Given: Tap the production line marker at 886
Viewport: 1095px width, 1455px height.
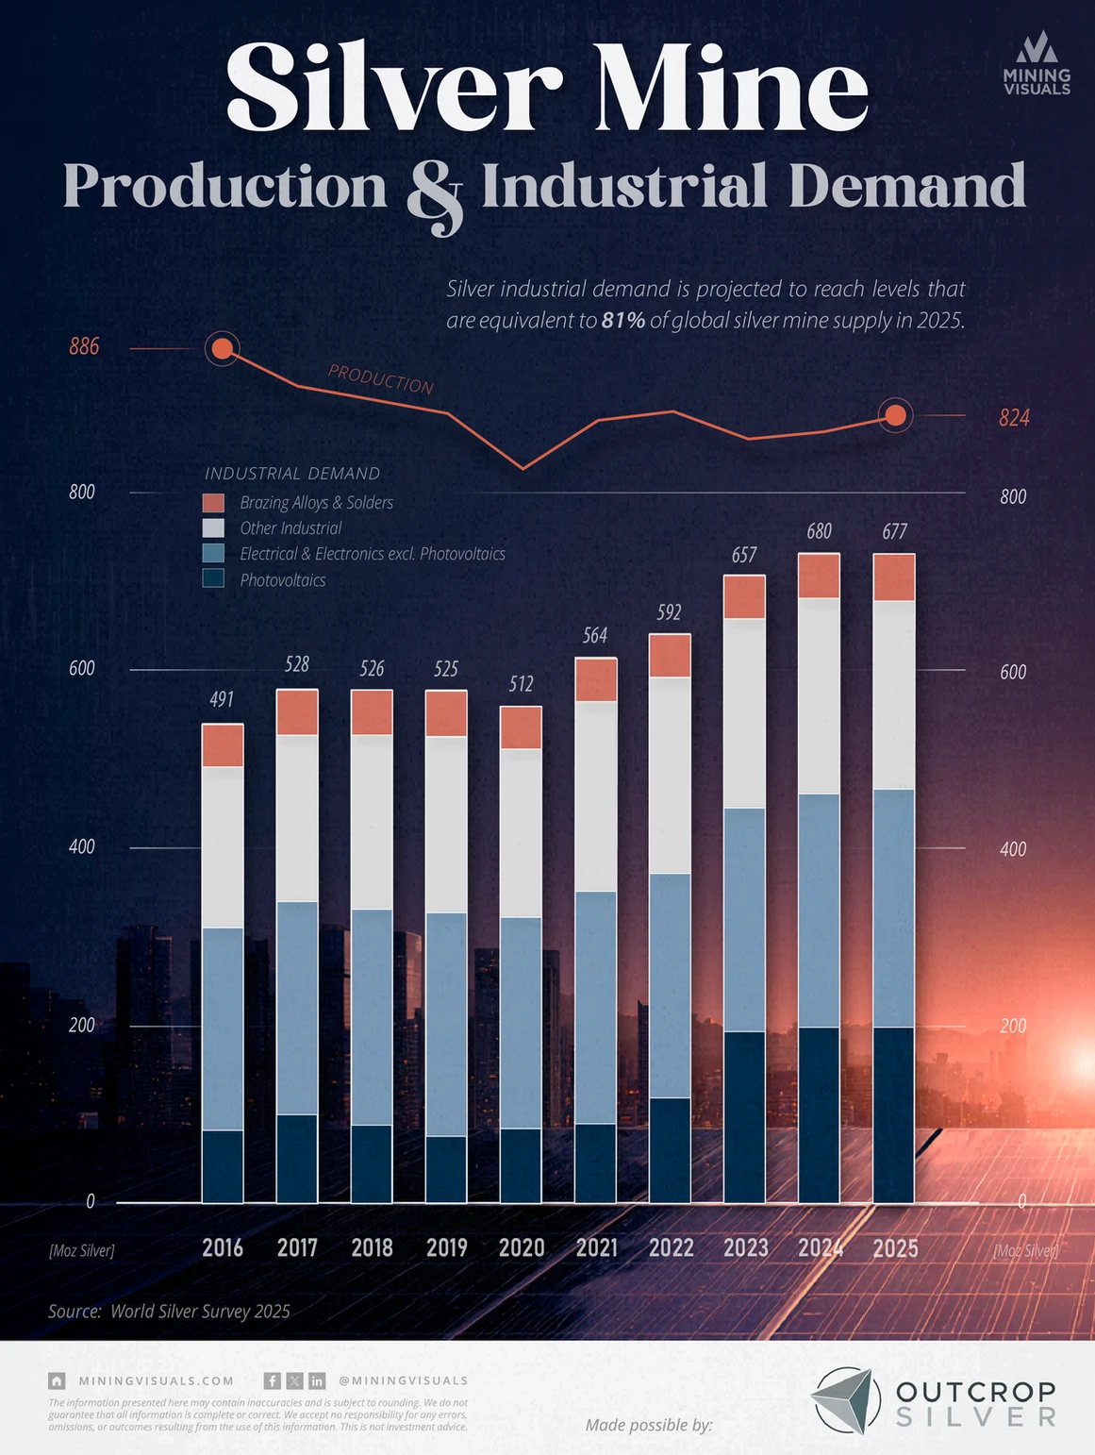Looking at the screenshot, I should pyautogui.click(x=222, y=349).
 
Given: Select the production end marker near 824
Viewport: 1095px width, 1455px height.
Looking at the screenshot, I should pyautogui.click(x=895, y=415).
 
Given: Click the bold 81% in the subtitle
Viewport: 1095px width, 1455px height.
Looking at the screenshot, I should pyautogui.click(x=623, y=320).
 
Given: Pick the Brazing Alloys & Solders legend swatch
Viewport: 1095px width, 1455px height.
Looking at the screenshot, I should pyautogui.click(x=214, y=503).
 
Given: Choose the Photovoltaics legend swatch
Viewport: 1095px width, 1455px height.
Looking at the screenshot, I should pyautogui.click(x=214, y=579).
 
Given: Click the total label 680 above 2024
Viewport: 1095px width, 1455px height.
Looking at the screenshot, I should pyautogui.click(x=819, y=531).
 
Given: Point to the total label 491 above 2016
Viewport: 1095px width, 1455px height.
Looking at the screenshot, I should pyautogui.click(x=222, y=699).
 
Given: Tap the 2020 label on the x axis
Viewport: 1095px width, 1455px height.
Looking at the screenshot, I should pyautogui.click(x=522, y=1247).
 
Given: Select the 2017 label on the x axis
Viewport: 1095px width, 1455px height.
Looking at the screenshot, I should pyautogui.click(x=297, y=1247).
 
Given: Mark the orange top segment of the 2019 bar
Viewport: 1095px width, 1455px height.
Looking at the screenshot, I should pyautogui.click(x=446, y=713).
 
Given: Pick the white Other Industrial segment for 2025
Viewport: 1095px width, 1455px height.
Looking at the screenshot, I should pyautogui.click(x=894, y=694).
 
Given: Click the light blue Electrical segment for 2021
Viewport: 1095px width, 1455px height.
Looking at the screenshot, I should pyautogui.click(x=595, y=1007).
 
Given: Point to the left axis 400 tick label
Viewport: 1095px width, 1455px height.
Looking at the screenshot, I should pyautogui.click(x=82, y=846).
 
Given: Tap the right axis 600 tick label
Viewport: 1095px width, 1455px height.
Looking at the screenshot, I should pyautogui.click(x=1013, y=672).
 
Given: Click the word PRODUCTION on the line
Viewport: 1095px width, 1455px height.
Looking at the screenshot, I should pyautogui.click(x=380, y=379).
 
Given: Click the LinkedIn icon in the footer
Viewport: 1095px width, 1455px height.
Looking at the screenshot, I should pyautogui.click(x=317, y=1380).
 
